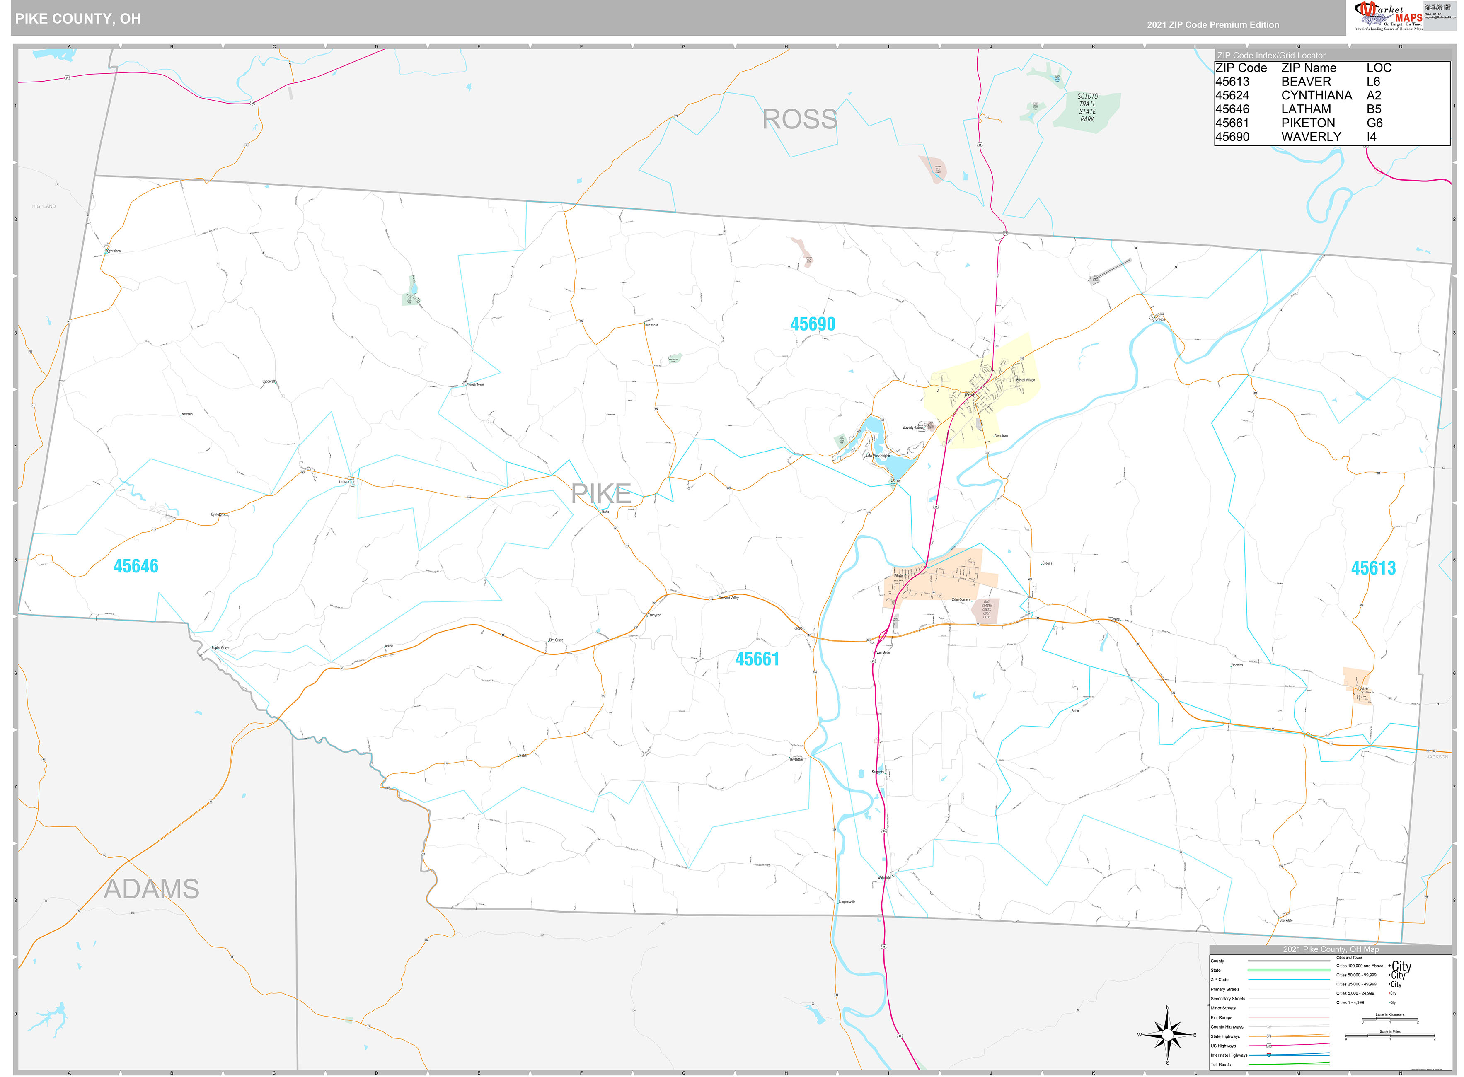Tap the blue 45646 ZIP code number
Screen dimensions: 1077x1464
click(x=136, y=566)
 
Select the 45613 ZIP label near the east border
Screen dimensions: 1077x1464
click(x=1373, y=568)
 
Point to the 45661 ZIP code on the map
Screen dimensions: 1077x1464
click(x=757, y=659)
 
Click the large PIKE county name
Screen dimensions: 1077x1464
click(x=600, y=493)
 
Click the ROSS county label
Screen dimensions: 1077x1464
click(x=799, y=119)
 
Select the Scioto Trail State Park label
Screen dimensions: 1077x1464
click(x=1087, y=108)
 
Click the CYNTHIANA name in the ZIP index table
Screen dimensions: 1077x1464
click(x=1316, y=95)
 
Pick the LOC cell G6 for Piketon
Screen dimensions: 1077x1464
click(x=1374, y=123)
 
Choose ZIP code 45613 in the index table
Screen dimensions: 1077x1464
click(x=1232, y=82)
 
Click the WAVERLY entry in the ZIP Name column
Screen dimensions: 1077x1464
click(x=1311, y=136)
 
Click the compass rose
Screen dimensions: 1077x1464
click(x=1167, y=1035)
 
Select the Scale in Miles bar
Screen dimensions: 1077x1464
click(x=1390, y=1036)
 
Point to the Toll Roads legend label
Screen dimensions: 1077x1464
click(x=1221, y=1065)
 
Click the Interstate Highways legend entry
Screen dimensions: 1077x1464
click(x=1229, y=1055)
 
